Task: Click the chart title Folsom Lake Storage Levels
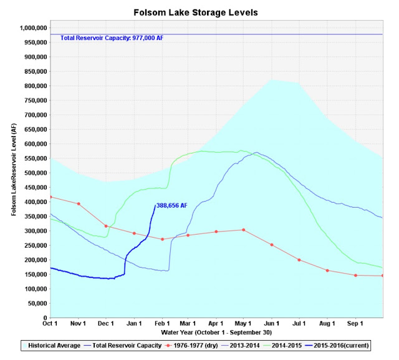coord(196,12)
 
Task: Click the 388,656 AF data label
coord(172,205)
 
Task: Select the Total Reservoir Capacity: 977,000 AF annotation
coord(112,38)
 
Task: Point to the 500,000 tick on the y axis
coord(36,173)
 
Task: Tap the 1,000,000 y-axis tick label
coord(33,27)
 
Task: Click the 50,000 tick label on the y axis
coord(37,303)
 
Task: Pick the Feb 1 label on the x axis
coord(162,324)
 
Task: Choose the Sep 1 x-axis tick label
coord(355,324)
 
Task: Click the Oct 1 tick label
coord(50,324)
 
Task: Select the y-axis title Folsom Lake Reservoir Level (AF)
coord(14,170)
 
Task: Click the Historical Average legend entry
coord(51,346)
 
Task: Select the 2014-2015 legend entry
coord(282,346)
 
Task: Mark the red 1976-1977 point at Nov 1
coord(79,203)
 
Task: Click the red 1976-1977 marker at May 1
coord(244,230)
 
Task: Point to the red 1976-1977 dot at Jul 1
coord(299,260)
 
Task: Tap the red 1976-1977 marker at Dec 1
coord(106,226)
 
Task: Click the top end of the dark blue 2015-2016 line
coord(155,205)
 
